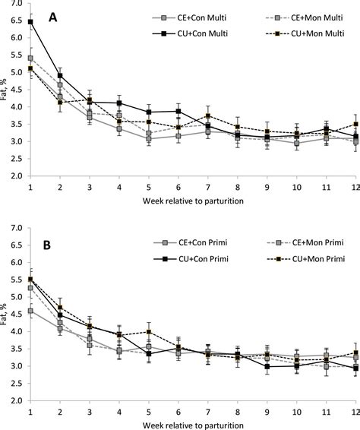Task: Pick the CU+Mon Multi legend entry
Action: (x=312, y=33)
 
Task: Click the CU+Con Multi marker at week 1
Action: (x=30, y=22)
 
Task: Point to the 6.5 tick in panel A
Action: (x=14, y=22)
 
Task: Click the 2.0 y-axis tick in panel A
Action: (x=14, y=175)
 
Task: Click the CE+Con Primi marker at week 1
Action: (x=30, y=311)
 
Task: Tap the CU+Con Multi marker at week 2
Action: (x=60, y=76)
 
